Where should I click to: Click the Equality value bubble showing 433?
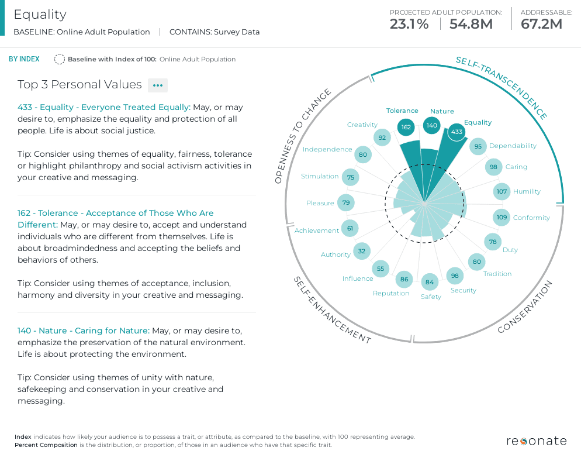457,132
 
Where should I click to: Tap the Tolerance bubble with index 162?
406,127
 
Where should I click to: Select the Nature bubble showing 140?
432,125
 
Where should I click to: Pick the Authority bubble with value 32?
362,252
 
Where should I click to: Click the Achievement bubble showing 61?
350,228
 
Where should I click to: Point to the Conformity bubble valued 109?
502,218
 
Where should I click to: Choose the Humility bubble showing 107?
502,191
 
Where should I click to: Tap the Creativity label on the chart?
362,125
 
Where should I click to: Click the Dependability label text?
513,146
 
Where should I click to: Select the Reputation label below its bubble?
391,293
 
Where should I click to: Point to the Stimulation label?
320,176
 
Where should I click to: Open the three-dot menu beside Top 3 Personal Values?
158,85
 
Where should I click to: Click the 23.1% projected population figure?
409,24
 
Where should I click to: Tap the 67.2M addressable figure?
541,24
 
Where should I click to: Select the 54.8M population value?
471,24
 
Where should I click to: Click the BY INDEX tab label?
24,59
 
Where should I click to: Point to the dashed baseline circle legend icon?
59,59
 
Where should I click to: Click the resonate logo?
537,441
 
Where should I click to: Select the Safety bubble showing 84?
430,283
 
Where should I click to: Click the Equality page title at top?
40,15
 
